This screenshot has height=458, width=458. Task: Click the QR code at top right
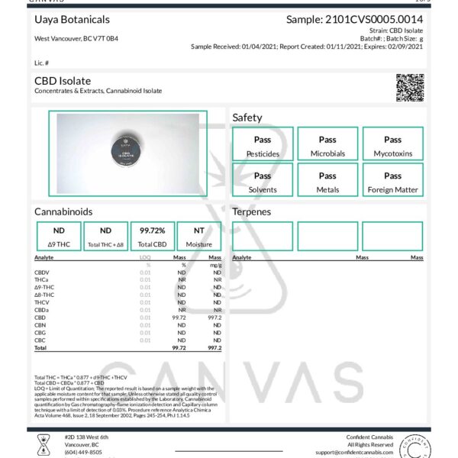pyautogui.click(x=410, y=87)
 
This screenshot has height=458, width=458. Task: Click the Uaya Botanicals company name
pyautogui.click(x=72, y=20)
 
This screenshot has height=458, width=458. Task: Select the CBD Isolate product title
pyautogui.click(x=63, y=80)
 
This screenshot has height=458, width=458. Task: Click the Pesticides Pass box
pyautogui.click(x=262, y=144)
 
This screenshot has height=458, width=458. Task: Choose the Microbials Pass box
pyautogui.click(x=327, y=144)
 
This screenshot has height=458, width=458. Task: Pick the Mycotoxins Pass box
pyautogui.click(x=392, y=144)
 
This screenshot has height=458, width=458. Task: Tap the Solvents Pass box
pyautogui.click(x=262, y=182)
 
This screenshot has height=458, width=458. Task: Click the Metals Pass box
pyautogui.click(x=327, y=182)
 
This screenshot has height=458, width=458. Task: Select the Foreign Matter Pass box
pyautogui.click(x=392, y=182)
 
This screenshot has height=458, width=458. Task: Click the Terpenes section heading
pyautogui.click(x=252, y=211)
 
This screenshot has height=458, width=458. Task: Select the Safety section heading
pyautogui.click(x=247, y=118)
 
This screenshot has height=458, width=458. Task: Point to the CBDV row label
pyautogui.click(x=42, y=272)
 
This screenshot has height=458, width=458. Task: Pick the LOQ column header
pyautogui.click(x=145, y=258)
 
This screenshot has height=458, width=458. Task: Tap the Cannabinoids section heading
pyautogui.click(x=63, y=211)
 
